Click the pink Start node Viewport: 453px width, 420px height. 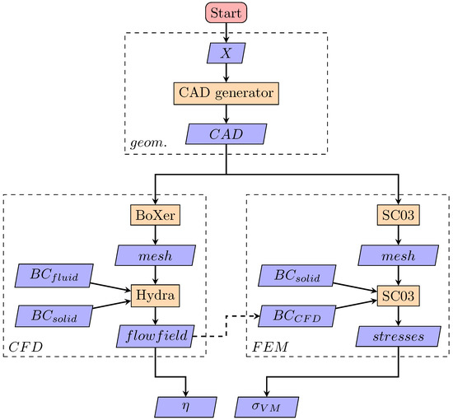(x=226, y=14)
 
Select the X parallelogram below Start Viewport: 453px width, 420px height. (x=226, y=54)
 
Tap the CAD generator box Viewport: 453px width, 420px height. (x=226, y=93)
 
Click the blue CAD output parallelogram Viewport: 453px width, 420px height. (x=226, y=133)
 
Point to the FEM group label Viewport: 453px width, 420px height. (x=268, y=349)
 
